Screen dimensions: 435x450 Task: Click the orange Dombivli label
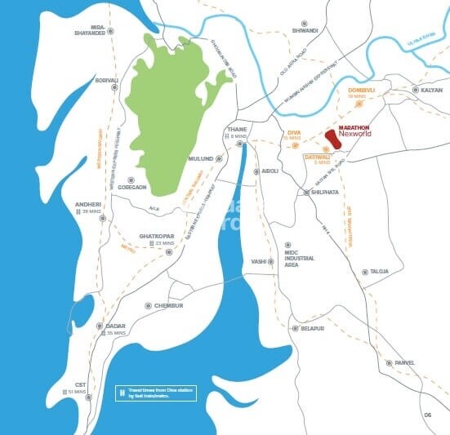click(360, 89)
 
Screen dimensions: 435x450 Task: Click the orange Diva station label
click(294, 132)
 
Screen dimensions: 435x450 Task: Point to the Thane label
click(237, 130)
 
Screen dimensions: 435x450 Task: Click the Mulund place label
click(201, 158)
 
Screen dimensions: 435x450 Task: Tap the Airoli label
click(270, 171)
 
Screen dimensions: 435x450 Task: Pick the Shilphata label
click(321, 193)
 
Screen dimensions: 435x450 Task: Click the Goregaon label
click(131, 187)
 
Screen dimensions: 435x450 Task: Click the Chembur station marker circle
click(148, 306)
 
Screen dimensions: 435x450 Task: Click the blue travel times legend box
click(156, 393)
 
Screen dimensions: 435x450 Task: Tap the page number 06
click(427, 415)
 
